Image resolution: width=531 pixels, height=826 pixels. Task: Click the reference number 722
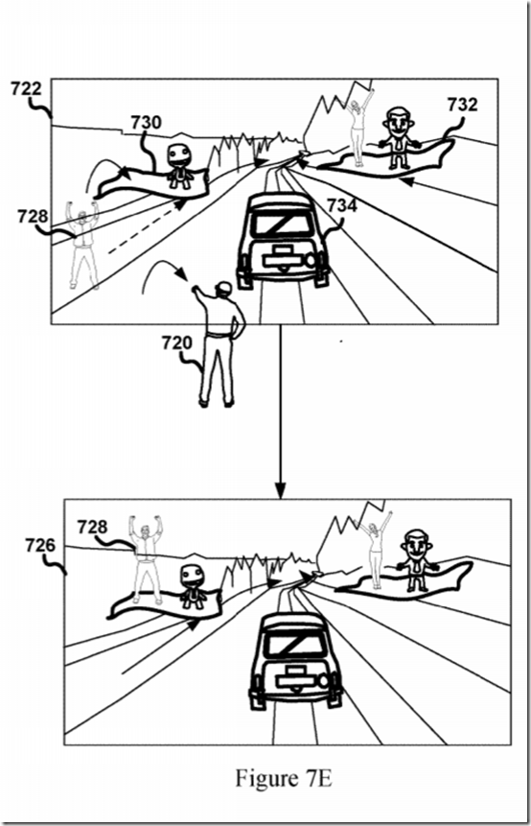tap(26, 88)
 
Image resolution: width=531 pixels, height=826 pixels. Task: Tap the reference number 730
tap(146, 122)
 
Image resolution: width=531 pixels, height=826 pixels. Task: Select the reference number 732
tap(463, 105)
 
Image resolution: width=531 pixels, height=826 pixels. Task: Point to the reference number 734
tap(342, 205)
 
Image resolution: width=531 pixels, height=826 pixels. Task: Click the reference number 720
tap(176, 342)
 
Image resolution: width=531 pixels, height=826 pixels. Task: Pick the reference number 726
tap(40, 545)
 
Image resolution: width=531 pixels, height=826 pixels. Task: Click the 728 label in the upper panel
tap(32, 216)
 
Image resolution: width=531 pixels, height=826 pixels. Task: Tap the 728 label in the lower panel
tap(92, 527)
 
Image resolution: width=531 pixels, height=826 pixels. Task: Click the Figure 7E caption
tap(284, 777)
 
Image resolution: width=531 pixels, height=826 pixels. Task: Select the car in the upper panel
tap(283, 241)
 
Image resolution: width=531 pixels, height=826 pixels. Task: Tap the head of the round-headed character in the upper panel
tap(179, 154)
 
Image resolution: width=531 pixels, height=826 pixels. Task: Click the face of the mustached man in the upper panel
tap(398, 122)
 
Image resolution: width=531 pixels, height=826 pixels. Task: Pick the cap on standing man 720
tap(223, 286)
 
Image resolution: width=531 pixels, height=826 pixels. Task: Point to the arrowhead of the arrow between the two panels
tap(281, 491)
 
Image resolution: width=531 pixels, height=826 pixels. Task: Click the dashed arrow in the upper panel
tap(148, 227)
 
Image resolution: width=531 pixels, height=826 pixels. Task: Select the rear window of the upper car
tap(282, 224)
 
